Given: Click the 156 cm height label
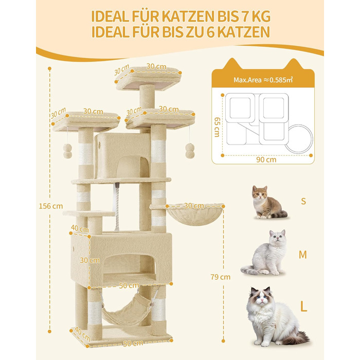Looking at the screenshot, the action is click(x=51, y=206).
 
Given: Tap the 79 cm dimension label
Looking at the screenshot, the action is click(x=221, y=277).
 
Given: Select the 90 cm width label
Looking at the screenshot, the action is click(x=266, y=159).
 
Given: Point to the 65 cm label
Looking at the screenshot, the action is click(x=217, y=127).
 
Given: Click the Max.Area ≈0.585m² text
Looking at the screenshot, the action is click(x=263, y=80).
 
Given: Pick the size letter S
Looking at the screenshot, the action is click(x=303, y=201).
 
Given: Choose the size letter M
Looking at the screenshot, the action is click(x=303, y=255).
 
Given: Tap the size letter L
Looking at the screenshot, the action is click(x=303, y=306).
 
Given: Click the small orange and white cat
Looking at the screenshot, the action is click(x=268, y=202).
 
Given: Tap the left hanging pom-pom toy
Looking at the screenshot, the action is click(x=67, y=151).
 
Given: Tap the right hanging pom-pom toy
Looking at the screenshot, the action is click(x=190, y=151).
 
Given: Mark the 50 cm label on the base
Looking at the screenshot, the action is click(x=133, y=344).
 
